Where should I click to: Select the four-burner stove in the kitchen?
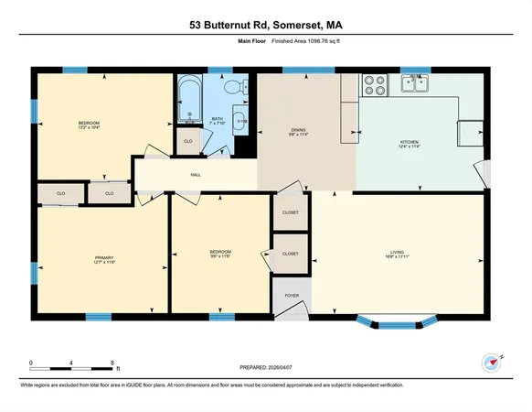point(374,85)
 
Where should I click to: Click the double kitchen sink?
point(417,85)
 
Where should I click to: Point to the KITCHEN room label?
point(409,142)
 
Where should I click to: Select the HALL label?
point(196,174)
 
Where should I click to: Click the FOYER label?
point(291,296)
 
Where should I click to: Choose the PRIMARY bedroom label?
point(104,259)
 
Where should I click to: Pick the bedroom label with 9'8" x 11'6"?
point(220,253)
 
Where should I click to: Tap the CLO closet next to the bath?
point(188,141)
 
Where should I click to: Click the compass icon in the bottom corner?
point(494,362)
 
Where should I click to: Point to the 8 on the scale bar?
point(112,363)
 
